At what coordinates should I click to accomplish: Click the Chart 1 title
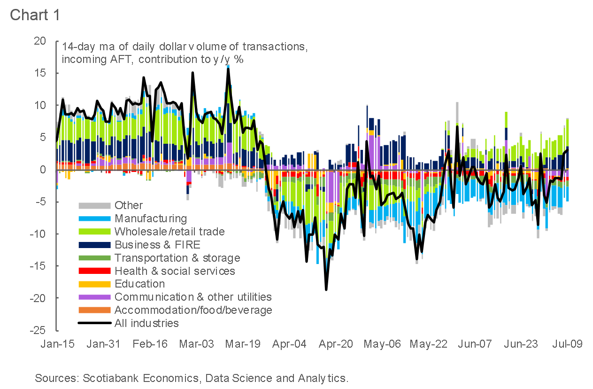35,15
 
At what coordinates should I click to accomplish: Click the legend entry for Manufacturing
150,218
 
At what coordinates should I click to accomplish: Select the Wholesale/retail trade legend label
169,232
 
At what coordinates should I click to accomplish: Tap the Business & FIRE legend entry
157,245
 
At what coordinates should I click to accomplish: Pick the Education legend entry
139,284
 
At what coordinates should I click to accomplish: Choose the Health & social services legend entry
175,271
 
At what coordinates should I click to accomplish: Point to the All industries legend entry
146,323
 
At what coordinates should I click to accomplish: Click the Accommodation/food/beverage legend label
193,310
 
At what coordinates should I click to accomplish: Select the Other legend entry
129,205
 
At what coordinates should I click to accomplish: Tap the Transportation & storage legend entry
177,258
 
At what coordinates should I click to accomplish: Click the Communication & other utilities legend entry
193,297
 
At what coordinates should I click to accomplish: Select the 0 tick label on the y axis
43,170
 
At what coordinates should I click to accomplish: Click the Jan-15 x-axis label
57,344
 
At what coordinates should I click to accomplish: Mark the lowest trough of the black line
325,289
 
